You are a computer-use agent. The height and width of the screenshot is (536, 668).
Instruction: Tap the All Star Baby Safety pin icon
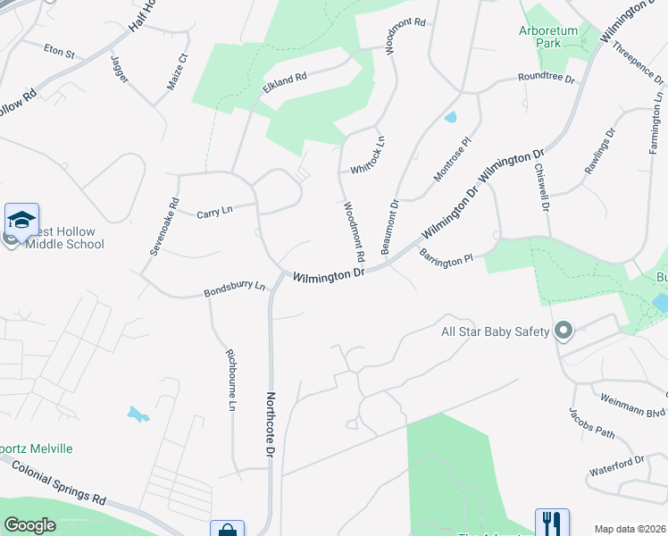coord(563,332)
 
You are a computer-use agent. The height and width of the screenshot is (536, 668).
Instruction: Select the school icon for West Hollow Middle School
coord(21,219)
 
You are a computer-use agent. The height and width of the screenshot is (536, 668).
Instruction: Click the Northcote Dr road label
coord(268,424)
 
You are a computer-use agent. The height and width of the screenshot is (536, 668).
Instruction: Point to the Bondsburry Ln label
coord(235,288)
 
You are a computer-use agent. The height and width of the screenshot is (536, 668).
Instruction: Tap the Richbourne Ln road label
coord(230,379)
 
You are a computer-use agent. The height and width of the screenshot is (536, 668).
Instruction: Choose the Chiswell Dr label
coord(540,187)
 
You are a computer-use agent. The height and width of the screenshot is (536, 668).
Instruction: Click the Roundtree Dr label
coord(547,79)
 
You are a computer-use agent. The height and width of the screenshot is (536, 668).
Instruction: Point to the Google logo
coord(29,525)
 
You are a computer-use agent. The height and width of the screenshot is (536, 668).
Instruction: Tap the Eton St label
coord(59,52)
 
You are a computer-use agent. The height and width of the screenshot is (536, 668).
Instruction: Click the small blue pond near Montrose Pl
coord(450,117)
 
